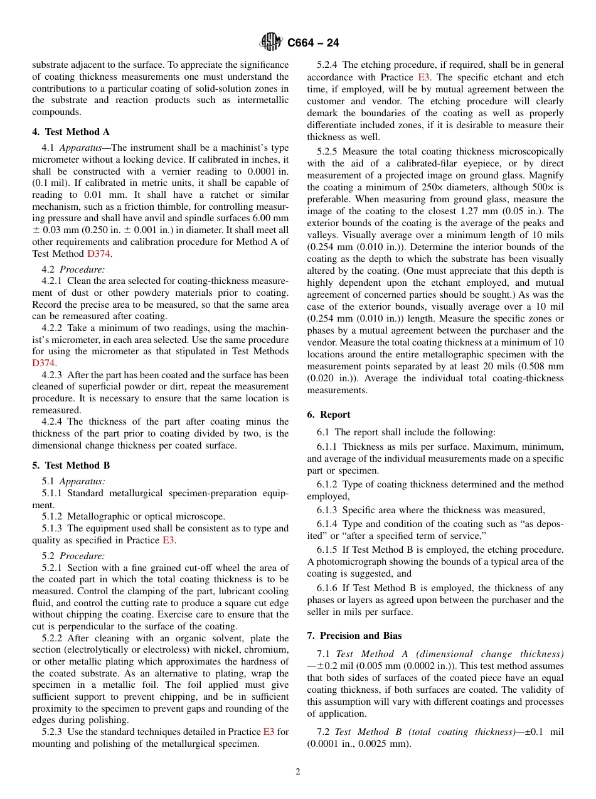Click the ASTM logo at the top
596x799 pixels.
pyautogui.click(x=271, y=43)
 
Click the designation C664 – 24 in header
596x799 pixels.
pyautogui.click(x=313, y=43)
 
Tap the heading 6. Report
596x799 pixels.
pyautogui.click(x=329, y=415)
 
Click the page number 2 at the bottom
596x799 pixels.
pyautogui.click(x=298, y=772)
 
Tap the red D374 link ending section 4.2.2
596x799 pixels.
pyautogui.click(x=44, y=363)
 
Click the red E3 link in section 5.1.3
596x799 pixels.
pyautogui.click(x=169, y=540)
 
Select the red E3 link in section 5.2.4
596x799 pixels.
pyautogui.click(x=424, y=77)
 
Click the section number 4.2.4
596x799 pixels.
pyautogui.click(x=53, y=421)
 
